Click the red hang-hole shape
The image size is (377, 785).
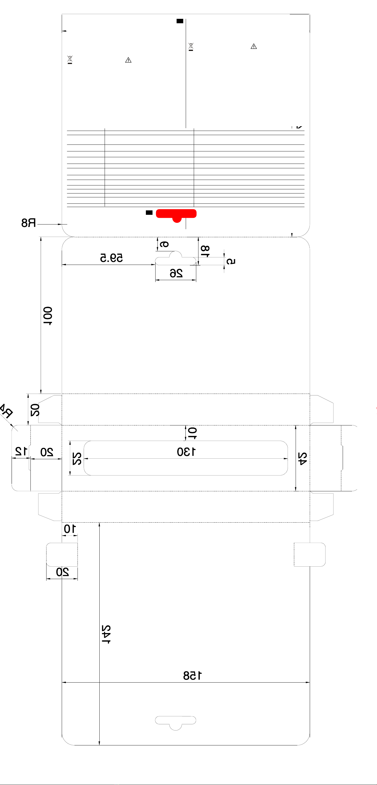[176, 214]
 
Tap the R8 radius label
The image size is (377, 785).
[29, 223]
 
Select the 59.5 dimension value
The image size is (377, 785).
[112, 258]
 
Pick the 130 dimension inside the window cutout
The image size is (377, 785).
[186, 452]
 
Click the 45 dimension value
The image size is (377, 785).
[302, 459]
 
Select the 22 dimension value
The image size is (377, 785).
[77, 459]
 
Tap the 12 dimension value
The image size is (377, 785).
[21, 451]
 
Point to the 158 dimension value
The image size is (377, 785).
[192, 676]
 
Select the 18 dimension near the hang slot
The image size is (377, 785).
[205, 251]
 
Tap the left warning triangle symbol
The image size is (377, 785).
[128, 60]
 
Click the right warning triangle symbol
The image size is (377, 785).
[254, 46]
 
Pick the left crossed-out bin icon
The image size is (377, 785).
[70, 59]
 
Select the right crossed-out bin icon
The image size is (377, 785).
[191, 47]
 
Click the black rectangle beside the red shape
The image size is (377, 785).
[149, 213]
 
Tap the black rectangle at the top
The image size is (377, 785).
[180, 21]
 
